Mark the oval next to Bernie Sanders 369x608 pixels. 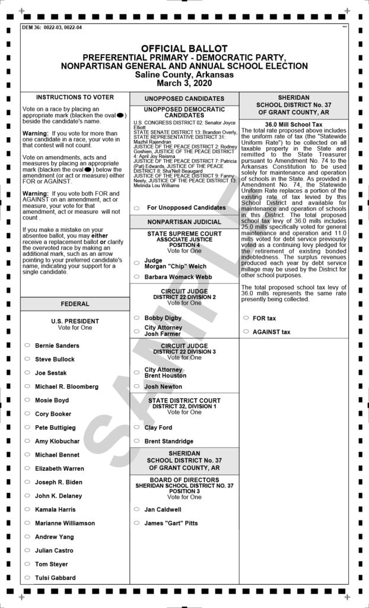[27, 345]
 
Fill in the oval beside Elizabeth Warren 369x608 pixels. [27, 468]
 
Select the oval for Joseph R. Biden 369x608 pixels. [27, 482]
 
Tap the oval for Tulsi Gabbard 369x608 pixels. [27, 578]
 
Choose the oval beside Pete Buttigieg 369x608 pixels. [27, 427]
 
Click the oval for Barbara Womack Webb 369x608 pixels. [136, 277]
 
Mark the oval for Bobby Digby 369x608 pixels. [136, 318]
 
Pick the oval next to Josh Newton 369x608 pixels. [136, 387]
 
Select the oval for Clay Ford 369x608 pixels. [136, 427]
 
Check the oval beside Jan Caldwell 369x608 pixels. [136, 509]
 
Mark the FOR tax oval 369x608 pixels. [246, 318]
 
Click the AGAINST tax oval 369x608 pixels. [246, 332]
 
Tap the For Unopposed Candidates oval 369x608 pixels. [136, 208]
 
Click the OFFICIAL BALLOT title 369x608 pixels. [184, 47]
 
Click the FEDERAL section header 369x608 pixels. [75, 304]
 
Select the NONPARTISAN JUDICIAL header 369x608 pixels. [184, 222]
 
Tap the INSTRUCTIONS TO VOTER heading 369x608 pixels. [75, 97]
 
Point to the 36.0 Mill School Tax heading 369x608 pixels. [293, 124]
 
